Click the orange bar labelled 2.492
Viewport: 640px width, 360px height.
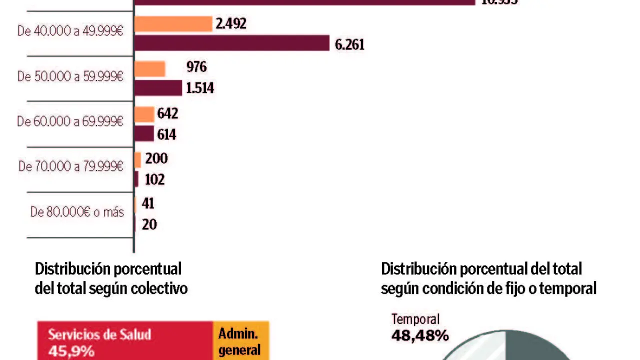pyautogui.click(x=173, y=24)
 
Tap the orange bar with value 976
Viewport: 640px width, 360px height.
pyautogui.click(x=150, y=69)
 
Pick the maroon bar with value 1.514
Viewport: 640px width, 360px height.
pyautogui.click(x=158, y=87)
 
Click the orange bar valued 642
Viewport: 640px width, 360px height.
pyautogui.click(x=144, y=114)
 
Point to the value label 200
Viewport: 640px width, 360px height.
pyautogui.click(x=156, y=159)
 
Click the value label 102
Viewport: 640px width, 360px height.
pyautogui.click(x=154, y=179)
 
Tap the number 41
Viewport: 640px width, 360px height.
pyautogui.click(x=148, y=203)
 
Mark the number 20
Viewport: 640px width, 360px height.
pyautogui.click(x=149, y=224)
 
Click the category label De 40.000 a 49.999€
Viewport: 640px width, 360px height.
pyautogui.click(x=70, y=31)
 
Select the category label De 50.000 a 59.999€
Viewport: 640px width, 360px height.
pyautogui.click(x=70, y=76)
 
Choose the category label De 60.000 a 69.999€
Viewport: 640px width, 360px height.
pyautogui.click(x=70, y=121)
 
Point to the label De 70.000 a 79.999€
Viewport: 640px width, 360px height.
pyautogui.click(x=71, y=166)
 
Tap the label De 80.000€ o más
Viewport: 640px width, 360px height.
pyautogui.click(x=77, y=212)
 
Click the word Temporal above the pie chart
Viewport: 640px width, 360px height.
pyautogui.click(x=415, y=319)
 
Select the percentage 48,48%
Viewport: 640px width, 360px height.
pyautogui.click(x=420, y=335)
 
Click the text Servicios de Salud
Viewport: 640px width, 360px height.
pyautogui.click(x=99, y=334)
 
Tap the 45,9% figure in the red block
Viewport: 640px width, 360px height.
pyautogui.click(x=71, y=350)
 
